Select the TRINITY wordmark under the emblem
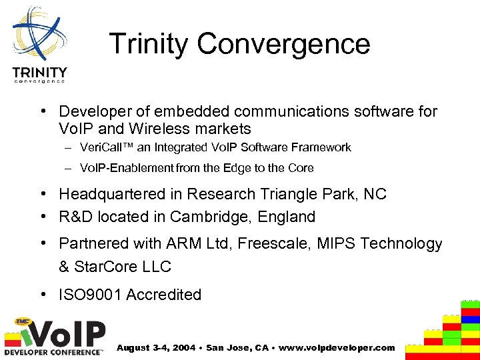(39, 72)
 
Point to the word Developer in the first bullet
(95, 111)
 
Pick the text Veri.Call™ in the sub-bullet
(105, 147)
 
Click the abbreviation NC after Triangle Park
(375, 194)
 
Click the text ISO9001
(91, 295)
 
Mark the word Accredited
(164, 295)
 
